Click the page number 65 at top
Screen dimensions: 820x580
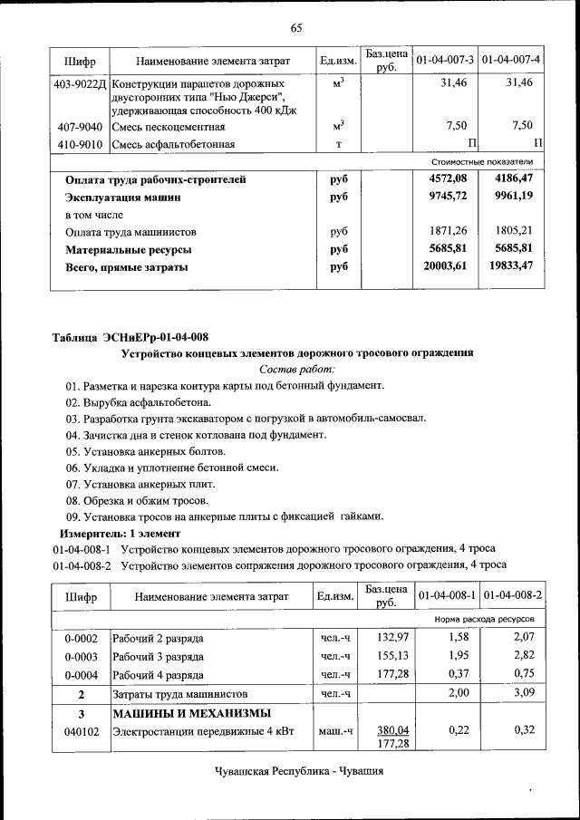(x=295, y=27)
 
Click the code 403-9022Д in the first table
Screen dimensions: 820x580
(x=79, y=83)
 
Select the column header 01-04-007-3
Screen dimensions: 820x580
(x=445, y=61)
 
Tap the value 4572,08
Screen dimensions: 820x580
(x=447, y=179)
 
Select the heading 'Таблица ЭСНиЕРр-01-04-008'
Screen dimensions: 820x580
(x=130, y=337)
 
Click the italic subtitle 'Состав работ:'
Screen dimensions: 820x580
(x=296, y=369)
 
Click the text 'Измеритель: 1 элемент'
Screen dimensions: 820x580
(x=111, y=533)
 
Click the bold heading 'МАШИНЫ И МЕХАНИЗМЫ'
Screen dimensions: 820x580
(x=191, y=713)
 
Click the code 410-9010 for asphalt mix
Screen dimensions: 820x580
(x=79, y=144)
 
